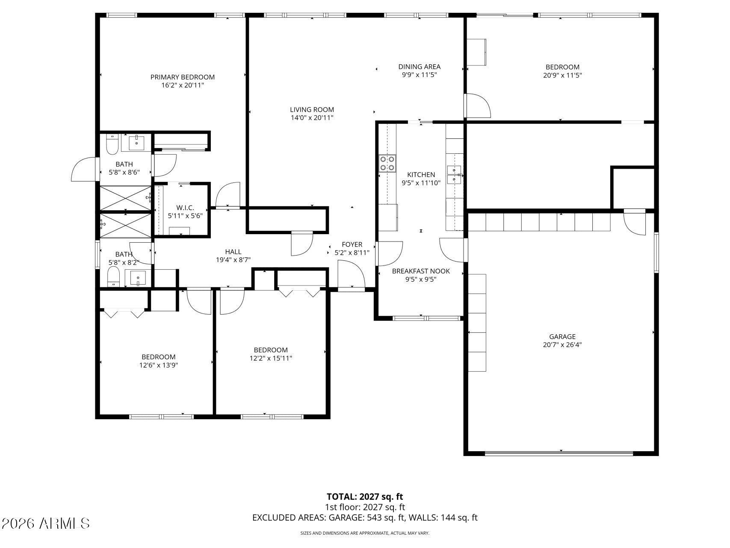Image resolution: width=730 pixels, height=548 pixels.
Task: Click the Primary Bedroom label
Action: click(x=183, y=77)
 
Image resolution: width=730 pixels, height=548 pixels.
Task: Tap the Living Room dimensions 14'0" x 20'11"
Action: click(x=312, y=118)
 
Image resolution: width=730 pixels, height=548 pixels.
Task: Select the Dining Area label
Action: click(x=419, y=67)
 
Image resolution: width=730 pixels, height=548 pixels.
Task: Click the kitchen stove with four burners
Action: click(x=387, y=163)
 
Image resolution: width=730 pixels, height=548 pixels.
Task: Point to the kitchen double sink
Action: click(x=454, y=175)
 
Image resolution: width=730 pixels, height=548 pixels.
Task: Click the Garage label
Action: click(x=562, y=337)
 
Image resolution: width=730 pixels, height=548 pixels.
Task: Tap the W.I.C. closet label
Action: click(x=185, y=208)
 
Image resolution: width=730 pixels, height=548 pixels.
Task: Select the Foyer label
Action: click(x=352, y=244)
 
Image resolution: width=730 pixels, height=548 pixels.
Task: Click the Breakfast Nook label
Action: click(x=421, y=271)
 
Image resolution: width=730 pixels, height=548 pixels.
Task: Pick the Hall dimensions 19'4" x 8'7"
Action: click(x=233, y=260)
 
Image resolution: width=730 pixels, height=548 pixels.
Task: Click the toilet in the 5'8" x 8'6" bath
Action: click(x=112, y=144)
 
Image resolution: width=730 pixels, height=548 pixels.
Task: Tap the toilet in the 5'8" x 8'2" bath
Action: click(x=113, y=277)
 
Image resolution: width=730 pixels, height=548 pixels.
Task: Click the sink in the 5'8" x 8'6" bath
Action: click(x=136, y=143)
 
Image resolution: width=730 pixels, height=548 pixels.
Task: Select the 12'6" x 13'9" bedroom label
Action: click(x=159, y=357)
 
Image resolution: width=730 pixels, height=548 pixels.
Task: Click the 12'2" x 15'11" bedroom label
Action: click(x=271, y=350)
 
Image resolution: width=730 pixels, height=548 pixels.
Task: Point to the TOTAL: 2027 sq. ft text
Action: click(x=365, y=497)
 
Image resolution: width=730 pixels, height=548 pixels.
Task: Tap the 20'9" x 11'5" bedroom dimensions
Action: click(x=562, y=75)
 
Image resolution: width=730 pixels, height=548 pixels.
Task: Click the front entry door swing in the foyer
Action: click(x=351, y=275)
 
